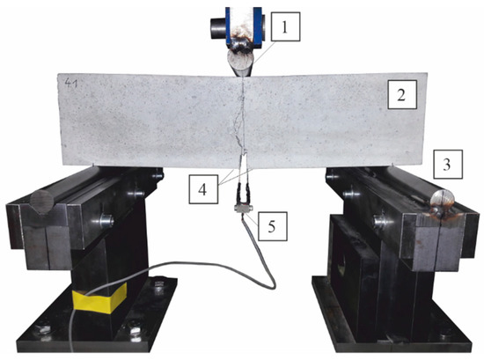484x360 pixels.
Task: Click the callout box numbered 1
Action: (x=285, y=26)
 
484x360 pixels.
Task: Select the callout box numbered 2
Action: (x=402, y=95)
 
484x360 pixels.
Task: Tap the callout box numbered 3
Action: (x=448, y=165)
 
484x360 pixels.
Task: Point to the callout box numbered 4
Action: (x=203, y=189)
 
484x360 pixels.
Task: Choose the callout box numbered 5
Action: (x=273, y=226)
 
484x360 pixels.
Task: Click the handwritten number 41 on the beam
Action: (x=70, y=83)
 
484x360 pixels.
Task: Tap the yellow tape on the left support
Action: (x=99, y=298)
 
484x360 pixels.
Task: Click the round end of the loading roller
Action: (x=241, y=63)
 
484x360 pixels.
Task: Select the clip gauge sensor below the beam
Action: (x=243, y=208)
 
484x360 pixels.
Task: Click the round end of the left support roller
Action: (x=42, y=202)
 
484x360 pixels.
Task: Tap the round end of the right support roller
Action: (x=443, y=200)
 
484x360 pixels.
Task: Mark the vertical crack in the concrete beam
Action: (x=242, y=117)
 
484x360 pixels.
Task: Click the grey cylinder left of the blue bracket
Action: (x=218, y=29)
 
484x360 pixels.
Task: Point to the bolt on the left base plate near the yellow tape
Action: (x=158, y=284)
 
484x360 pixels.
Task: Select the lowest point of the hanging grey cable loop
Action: (x=272, y=288)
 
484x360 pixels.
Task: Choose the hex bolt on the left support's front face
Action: (x=106, y=221)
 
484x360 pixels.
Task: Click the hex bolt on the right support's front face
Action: (x=380, y=221)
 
